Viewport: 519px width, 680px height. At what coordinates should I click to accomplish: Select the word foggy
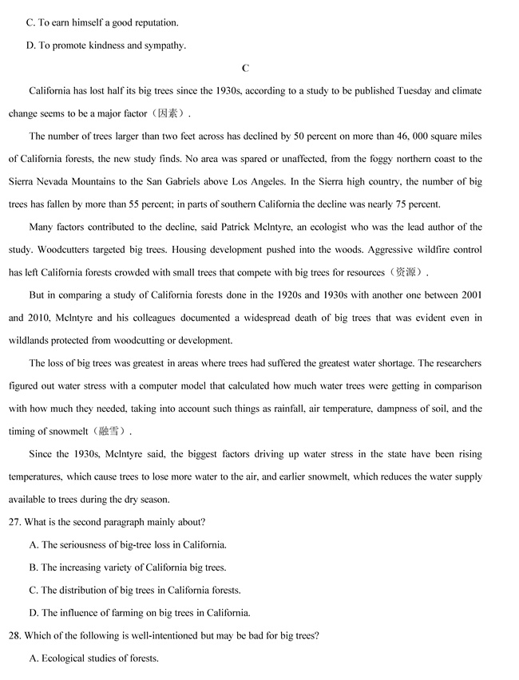coord(364,159)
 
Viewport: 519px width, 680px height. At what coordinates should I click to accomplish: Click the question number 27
coord(15,522)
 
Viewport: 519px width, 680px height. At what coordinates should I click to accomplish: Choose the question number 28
coord(15,635)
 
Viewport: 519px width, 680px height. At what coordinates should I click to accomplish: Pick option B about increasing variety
coord(133,567)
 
